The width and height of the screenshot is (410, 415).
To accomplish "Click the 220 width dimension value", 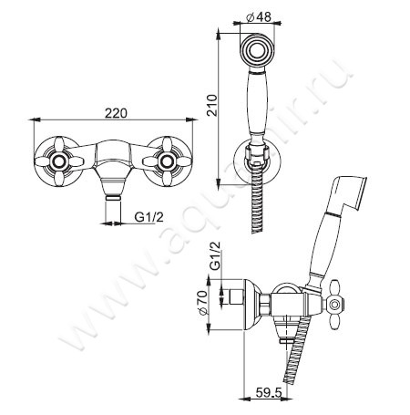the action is pos(116,113).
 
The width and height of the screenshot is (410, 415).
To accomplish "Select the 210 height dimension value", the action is pos(212,105).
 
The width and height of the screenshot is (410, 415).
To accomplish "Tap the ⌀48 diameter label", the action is pos(258,17).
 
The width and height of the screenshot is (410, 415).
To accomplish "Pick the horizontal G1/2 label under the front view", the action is pos(149,217).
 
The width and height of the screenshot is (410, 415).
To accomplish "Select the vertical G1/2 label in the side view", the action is pos(215,256).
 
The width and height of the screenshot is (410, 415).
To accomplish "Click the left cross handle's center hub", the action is pos(59,161).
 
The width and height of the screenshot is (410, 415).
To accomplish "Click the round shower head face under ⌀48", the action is pos(258,49).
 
